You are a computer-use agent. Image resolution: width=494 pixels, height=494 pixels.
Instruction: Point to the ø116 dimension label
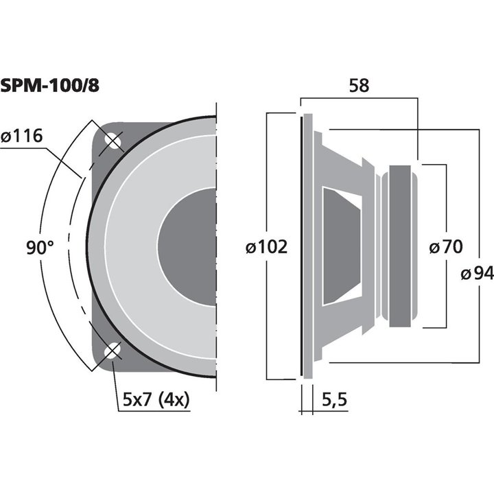click(22, 137)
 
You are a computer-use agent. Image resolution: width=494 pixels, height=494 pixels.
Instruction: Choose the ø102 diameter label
click(266, 247)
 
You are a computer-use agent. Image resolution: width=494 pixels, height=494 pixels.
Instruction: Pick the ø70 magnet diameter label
click(446, 247)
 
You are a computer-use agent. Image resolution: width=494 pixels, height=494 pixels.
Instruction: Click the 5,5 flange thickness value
click(331, 397)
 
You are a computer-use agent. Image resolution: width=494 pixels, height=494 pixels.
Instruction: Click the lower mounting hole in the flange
click(110, 353)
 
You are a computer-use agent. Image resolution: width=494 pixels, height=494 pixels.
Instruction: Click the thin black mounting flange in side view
click(301, 246)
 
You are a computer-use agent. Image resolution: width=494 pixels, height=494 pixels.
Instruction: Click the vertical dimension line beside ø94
click(477, 206)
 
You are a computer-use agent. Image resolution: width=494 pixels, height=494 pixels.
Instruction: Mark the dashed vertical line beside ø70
click(446, 206)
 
